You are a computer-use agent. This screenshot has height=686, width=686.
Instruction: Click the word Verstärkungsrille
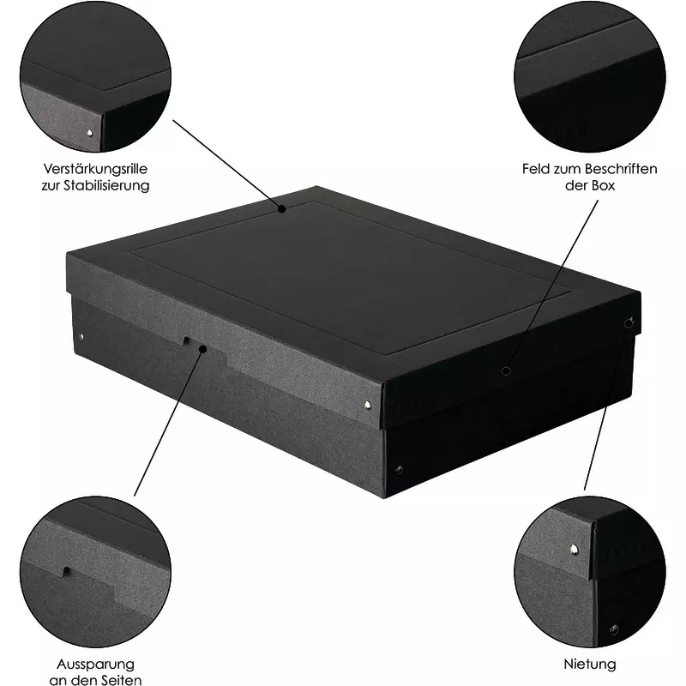click(95, 169)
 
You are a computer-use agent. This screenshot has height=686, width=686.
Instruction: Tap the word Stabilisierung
click(106, 185)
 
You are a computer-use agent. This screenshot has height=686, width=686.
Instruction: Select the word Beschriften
click(620, 169)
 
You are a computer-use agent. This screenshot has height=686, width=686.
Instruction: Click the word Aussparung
click(95, 664)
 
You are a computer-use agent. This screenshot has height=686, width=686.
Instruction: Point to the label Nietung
click(590, 664)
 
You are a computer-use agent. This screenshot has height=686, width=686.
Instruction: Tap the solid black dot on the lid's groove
click(282, 209)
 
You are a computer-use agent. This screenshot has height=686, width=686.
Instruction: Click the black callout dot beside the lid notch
click(202, 349)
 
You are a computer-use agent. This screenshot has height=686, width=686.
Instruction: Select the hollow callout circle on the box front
click(506, 371)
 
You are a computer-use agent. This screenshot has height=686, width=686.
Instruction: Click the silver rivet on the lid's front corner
click(368, 405)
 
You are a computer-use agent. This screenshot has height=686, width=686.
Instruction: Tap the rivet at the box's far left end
click(81, 336)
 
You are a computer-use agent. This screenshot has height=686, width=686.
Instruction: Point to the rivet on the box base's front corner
click(399, 470)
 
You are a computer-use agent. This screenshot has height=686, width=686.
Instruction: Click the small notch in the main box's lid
click(186, 340)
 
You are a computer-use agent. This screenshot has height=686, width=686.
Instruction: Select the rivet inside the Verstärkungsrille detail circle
click(90, 133)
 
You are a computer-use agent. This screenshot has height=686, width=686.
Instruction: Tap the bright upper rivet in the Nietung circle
click(574, 549)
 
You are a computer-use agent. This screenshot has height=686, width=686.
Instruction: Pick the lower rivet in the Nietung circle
click(614, 629)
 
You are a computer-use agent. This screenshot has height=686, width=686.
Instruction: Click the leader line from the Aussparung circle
click(168, 423)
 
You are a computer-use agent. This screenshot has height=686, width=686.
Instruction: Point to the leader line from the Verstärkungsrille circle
click(227, 164)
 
